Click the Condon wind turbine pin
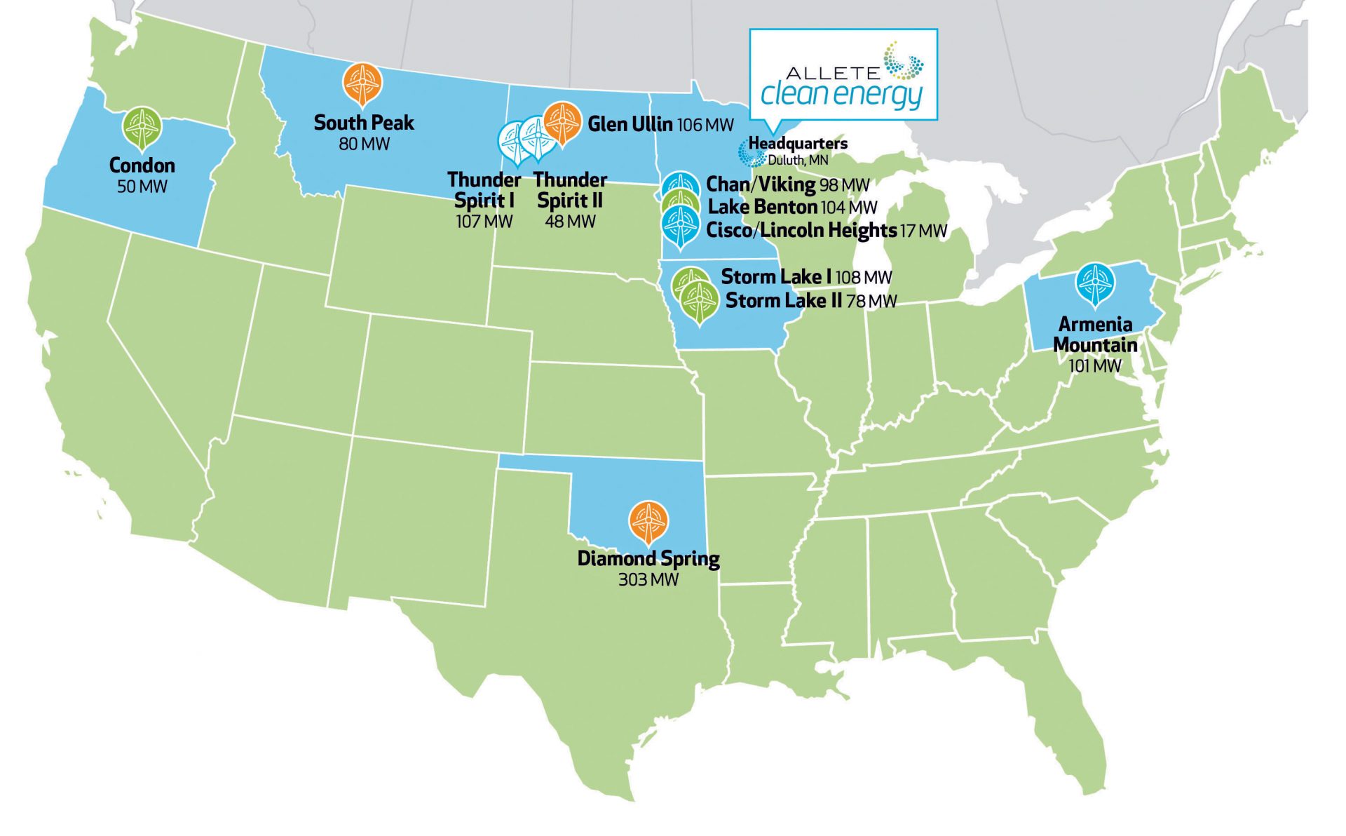[142, 128]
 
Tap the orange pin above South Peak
[362, 83]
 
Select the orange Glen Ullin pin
[562, 122]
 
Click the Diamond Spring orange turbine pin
[648, 520]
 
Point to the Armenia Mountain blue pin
[1094, 283]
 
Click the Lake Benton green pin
[680, 203]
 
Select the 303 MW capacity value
[648, 580]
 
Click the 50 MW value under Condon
[142, 187]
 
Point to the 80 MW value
[364, 144]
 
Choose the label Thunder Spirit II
[570, 190]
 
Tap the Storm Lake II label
[783, 301]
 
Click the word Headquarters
[798, 144]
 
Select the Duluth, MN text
[798, 160]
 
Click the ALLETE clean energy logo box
[843, 74]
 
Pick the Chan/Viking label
[761, 184]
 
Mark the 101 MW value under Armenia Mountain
[1094, 366]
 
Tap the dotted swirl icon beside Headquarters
[751, 153]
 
